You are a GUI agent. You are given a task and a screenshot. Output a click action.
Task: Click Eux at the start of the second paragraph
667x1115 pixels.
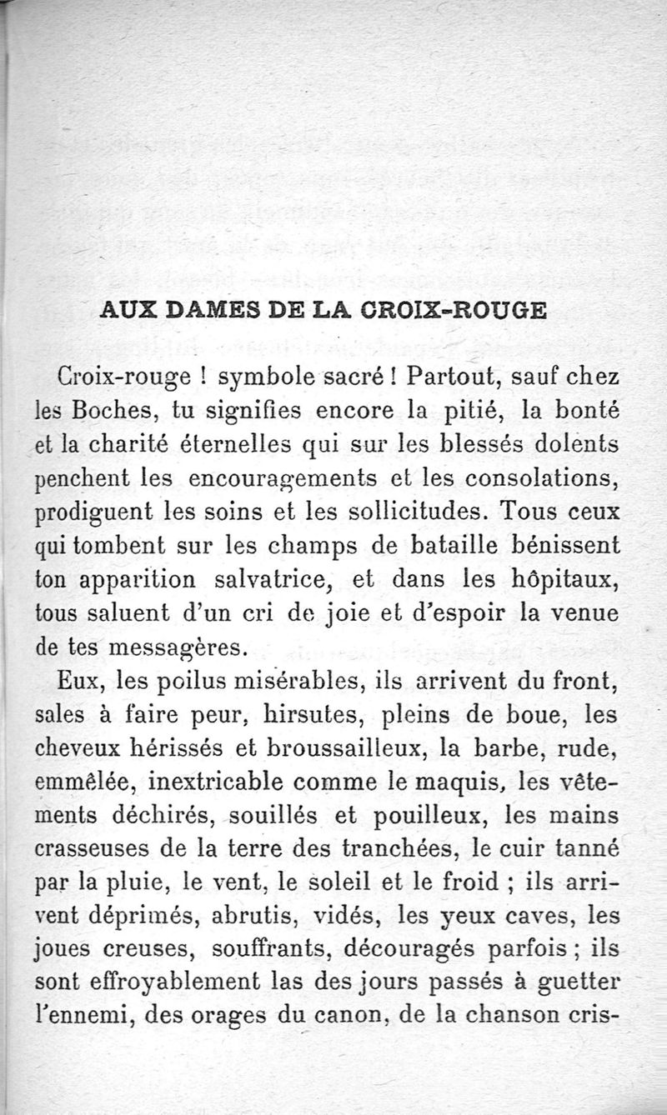(79, 682)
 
